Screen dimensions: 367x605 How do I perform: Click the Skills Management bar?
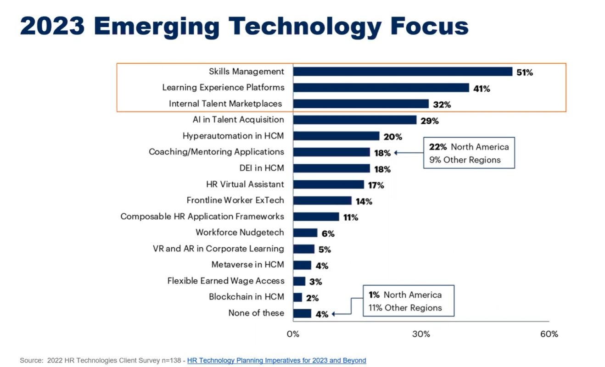click(x=403, y=72)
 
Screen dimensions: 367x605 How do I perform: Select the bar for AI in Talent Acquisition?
click(x=355, y=120)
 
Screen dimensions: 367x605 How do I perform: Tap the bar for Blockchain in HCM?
click(x=297, y=297)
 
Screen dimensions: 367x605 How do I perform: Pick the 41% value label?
click(x=482, y=89)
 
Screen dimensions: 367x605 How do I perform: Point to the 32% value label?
click(x=442, y=105)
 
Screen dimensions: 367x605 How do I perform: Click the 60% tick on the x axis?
click(x=549, y=334)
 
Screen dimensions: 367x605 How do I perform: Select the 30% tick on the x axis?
click(x=421, y=334)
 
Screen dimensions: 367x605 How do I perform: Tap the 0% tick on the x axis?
click(x=293, y=334)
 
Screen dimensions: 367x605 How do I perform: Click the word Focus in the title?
click(x=430, y=27)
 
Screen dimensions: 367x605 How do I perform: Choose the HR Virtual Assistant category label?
click(x=245, y=184)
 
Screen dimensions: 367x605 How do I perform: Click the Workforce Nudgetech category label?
click(x=240, y=233)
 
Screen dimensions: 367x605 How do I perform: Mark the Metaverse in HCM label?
click(x=247, y=265)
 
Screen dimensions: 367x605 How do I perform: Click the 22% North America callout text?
click(x=469, y=147)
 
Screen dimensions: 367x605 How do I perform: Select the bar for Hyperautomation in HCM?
click(x=336, y=136)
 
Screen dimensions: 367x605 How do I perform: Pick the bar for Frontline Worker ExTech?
click(x=322, y=200)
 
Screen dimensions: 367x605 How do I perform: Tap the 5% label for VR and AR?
click(x=325, y=250)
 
